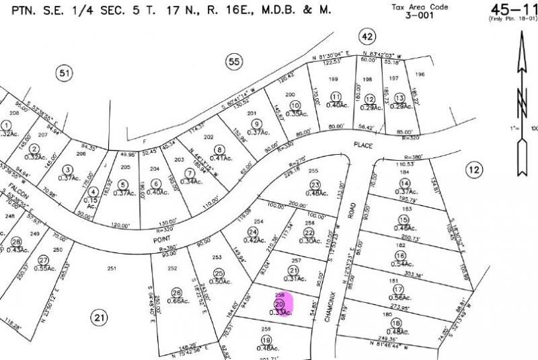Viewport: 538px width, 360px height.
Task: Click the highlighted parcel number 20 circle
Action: pyautogui.click(x=279, y=303)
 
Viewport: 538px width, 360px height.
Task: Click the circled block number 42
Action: pyautogui.click(x=367, y=36)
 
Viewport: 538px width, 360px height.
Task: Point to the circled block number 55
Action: pyautogui.click(x=233, y=61)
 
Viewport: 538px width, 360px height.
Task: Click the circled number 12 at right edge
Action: pyautogui.click(x=474, y=171)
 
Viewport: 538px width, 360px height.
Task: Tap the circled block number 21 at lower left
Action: pyautogui.click(x=100, y=318)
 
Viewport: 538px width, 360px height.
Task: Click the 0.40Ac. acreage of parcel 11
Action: pyautogui.click(x=336, y=104)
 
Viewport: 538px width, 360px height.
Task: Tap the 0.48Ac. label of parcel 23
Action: pyautogui.click(x=315, y=194)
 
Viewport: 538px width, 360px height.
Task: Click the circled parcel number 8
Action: pyautogui.click(x=219, y=149)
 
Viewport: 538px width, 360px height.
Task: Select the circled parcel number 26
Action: pyautogui.click(x=177, y=293)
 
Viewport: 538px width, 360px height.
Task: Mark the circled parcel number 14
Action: pyautogui.click(x=404, y=183)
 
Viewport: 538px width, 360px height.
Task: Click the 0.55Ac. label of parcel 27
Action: pyautogui.click(x=46, y=268)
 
